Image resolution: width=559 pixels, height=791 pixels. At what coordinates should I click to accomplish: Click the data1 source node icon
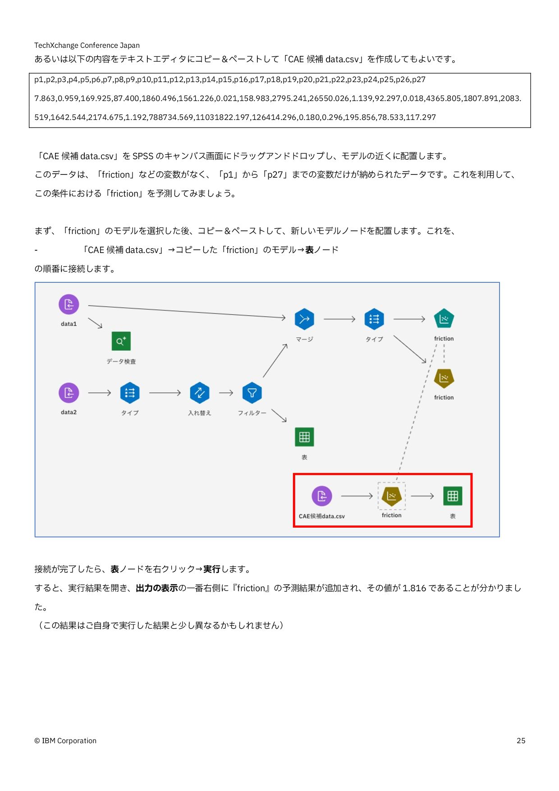(69, 304)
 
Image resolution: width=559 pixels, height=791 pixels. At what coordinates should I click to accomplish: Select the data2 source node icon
(69, 393)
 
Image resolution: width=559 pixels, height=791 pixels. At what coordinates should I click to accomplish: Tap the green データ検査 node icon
(121, 341)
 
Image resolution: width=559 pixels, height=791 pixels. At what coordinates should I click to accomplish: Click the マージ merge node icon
(304, 319)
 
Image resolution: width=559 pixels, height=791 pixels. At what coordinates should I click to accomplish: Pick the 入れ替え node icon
(200, 393)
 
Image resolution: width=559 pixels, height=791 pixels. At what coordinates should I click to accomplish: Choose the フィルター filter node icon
(252, 393)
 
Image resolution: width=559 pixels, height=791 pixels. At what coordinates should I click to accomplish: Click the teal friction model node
(444, 319)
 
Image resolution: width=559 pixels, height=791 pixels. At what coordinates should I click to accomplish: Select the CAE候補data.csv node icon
(322, 496)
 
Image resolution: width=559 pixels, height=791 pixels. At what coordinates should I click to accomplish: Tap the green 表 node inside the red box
(453, 496)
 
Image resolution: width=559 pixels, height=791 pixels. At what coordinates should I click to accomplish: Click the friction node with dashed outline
(391, 496)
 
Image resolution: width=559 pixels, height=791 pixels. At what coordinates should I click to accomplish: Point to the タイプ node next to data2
(130, 393)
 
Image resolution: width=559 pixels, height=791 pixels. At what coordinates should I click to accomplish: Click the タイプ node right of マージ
(374, 319)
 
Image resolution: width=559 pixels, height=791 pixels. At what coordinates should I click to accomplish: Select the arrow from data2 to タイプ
(100, 393)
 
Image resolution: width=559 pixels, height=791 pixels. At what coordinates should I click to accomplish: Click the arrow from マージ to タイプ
(339, 319)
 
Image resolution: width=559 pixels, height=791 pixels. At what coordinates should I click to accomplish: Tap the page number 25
(521, 740)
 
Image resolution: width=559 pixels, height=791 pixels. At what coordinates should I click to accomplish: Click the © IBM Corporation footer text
(65, 740)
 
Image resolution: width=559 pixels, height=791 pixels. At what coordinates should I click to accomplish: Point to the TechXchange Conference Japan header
(87, 45)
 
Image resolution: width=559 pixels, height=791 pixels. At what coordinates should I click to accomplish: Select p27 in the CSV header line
(418, 80)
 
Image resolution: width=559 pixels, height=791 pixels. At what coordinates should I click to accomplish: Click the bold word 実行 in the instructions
(211, 569)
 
